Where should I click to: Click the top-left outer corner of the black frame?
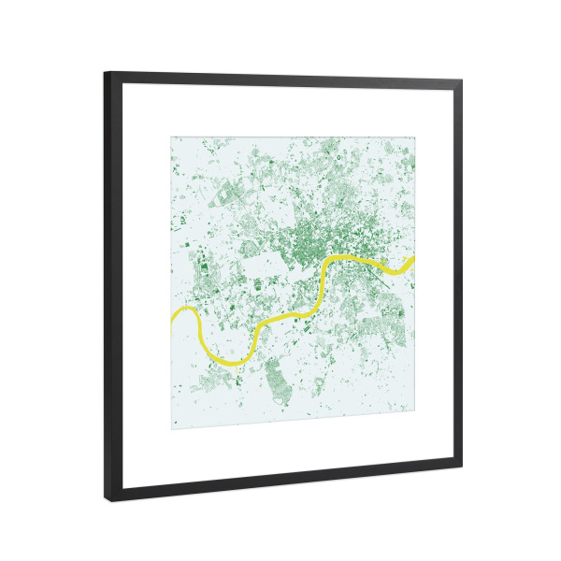(105, 72)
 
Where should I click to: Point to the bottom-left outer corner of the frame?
(106, 502)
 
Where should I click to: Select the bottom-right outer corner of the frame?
(462, 466)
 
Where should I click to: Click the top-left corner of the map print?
(171, 137)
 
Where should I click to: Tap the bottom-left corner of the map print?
(171, 429)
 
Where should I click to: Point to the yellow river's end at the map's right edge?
(412, 259)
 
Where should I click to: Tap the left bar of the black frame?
(110, 280)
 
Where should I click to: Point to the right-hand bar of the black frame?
(456, 271)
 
